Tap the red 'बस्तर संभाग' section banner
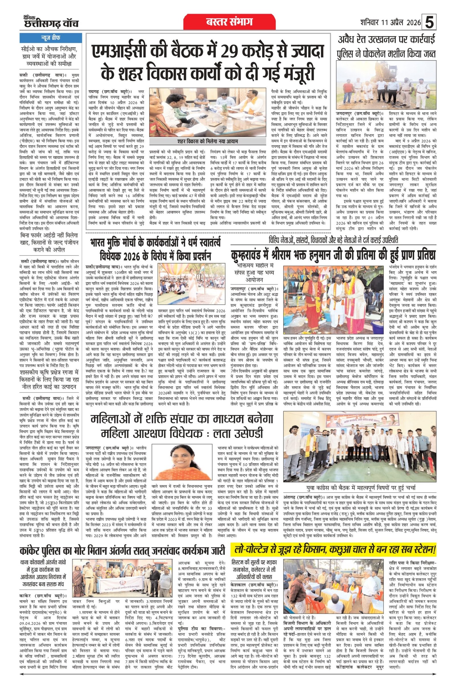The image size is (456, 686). (229, 22)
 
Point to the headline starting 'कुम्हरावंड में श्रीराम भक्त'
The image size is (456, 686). (333, 255)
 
